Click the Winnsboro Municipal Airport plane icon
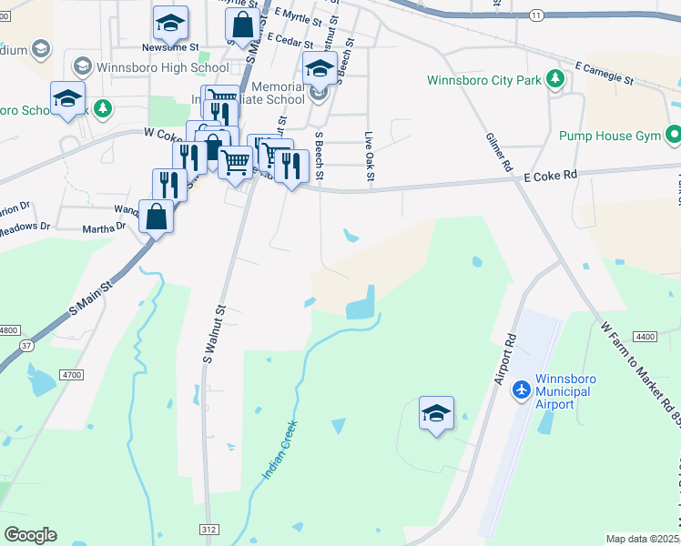tap(522, 389)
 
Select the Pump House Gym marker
tap(674, 136)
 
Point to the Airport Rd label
tap(505, 358)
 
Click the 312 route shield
tap(209, 529)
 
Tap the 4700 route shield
tap(73, 374)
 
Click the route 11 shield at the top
tap(536, 16)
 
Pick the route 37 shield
tap(27, 345)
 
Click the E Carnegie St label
tap(605, 73)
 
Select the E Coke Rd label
tap(550, 175)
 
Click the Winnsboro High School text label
tap(163, 67)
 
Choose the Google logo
tap(30, 534)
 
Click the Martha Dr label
tap(103, 228)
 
